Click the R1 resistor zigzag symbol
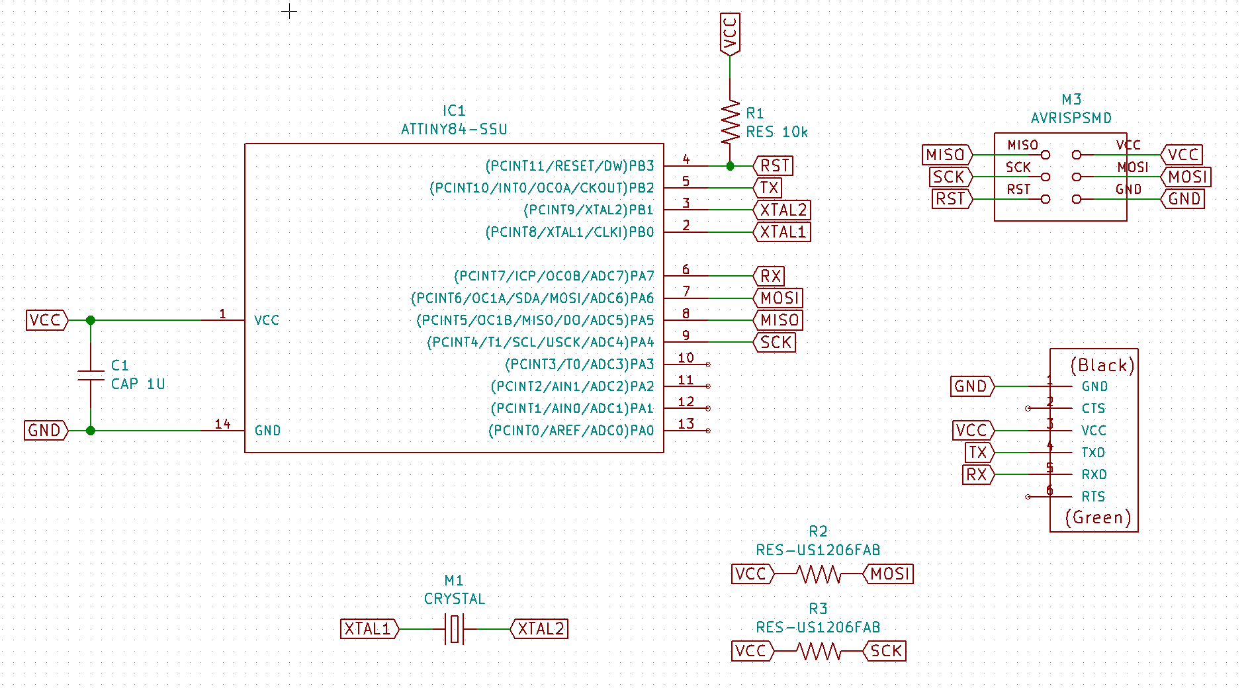click(730, 122)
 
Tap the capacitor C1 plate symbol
click(91, 375)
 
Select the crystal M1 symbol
click(455, 628)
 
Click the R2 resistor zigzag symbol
click(819, 574)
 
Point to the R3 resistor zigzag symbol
click(819, 652)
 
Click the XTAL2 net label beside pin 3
click(783, 210)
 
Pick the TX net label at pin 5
click(769, 188)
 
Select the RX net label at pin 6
click(770, 276)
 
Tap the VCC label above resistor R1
click(730, 34)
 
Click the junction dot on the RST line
click(730, 166)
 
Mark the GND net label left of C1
click(45, 431)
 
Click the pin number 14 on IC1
click(222, 424)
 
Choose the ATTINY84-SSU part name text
click(454, 129)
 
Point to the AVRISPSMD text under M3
click(1071, 118)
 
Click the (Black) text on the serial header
click(1102, 365)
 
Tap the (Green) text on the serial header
click(1098, 517)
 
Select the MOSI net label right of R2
click(889, 574)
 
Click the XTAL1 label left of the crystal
click(369, 628)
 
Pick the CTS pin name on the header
click(1093, 408)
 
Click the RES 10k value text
click(776, 132)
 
